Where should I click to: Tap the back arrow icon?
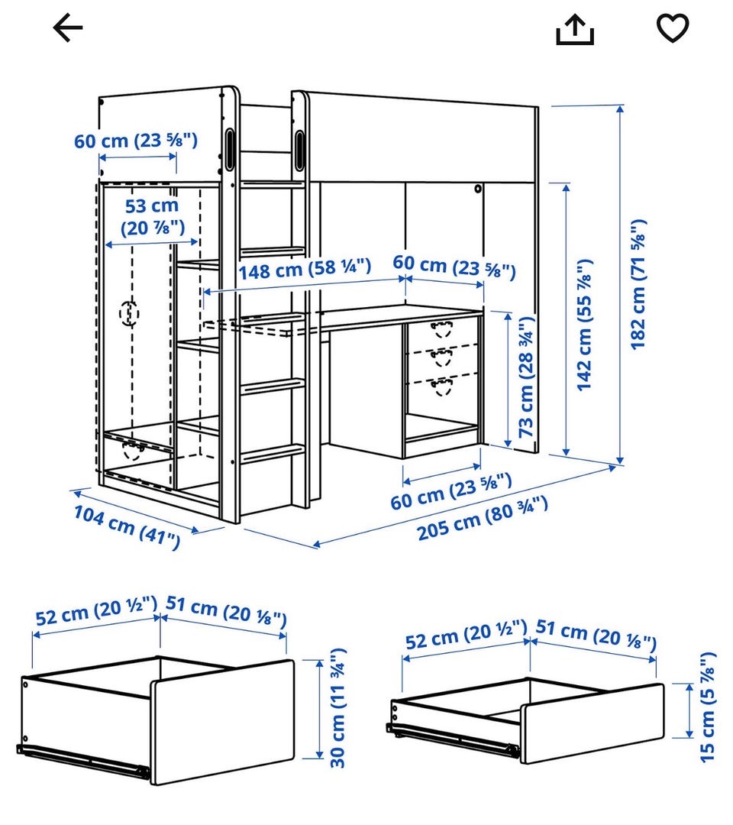(x=68, y=27)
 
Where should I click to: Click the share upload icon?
(x=575, y=30)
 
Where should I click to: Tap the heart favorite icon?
(x=673, y=28)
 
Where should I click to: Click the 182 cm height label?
(x=638, y=284)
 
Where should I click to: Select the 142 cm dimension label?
(x=585, y=325)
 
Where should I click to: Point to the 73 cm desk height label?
(x=526, y=376)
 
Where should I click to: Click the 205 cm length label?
(x=483, y=518)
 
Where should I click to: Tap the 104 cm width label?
(x=127, y=526)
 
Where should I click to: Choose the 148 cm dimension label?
(x=305, y=269)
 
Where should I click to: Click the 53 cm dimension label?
(x=153, y=217)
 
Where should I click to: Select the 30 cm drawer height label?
(x=337, y=707)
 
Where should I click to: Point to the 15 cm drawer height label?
(x=708, y=707)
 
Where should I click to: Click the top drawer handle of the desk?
(x=441, y=329)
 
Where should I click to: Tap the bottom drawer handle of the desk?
(x=442, y=387)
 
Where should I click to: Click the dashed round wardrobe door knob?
(x=129, y=314)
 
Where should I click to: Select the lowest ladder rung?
(x=273, y=454)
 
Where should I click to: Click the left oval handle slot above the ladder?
(x=230, y=149)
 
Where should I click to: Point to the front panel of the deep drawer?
(x=222, y=723)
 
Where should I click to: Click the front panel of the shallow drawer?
(x=593, y=723)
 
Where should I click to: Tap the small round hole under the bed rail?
(x=477, y=189)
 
